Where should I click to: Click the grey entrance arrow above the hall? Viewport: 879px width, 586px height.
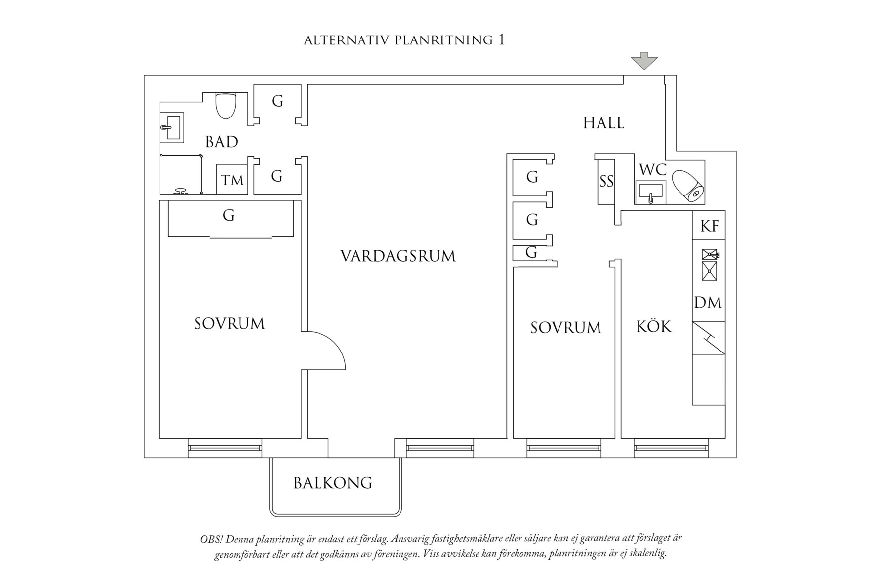[644, 61]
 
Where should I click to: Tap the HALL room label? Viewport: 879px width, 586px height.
[603, 123]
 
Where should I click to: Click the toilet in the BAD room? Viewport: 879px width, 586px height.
[226, 105]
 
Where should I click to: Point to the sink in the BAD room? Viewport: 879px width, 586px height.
[172, 126]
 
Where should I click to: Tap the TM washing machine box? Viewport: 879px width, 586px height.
[232, 180]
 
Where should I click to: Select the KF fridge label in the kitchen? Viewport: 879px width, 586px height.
[709, 226]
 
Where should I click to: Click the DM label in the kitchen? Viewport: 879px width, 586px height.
[708, 302]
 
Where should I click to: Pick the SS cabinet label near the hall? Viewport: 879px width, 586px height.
[606, 182]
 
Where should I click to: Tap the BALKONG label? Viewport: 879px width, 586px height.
[333, 483]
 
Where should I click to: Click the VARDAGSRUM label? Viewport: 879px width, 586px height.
[398, 256]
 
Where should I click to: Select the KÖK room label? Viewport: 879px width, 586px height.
[653, 326]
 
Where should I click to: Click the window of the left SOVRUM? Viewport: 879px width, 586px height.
[225, 448]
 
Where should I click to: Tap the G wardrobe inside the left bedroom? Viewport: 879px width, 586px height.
[228, 216]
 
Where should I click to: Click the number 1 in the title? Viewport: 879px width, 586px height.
[501, 40]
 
